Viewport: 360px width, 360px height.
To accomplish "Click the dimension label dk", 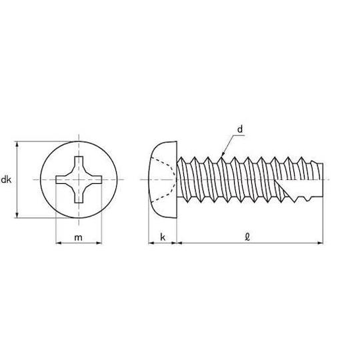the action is [x=7, y=179].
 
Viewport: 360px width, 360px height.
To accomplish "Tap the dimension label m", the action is [x=78, y=237].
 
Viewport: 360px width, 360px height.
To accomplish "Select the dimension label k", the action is [x=163, y=237].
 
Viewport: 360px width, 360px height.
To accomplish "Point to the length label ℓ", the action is [x=247, y=237].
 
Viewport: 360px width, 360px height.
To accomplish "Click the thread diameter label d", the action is [x=240, y=129].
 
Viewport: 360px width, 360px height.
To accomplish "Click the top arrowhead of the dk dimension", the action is [x=17, y=145].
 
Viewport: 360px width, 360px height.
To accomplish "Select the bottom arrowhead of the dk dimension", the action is [x=17, y=214].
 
